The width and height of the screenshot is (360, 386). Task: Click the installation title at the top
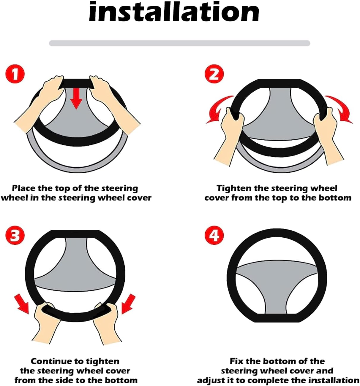(174, 12)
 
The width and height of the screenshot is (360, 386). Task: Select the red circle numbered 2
(214, 74)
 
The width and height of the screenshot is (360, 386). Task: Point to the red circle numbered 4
(214, 236)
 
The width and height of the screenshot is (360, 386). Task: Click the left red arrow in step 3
(23, 304)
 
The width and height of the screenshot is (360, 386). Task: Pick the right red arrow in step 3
(128, 304)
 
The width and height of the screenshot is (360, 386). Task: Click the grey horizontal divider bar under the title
(179, 43)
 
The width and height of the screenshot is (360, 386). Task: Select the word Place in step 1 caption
(24, 188)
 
